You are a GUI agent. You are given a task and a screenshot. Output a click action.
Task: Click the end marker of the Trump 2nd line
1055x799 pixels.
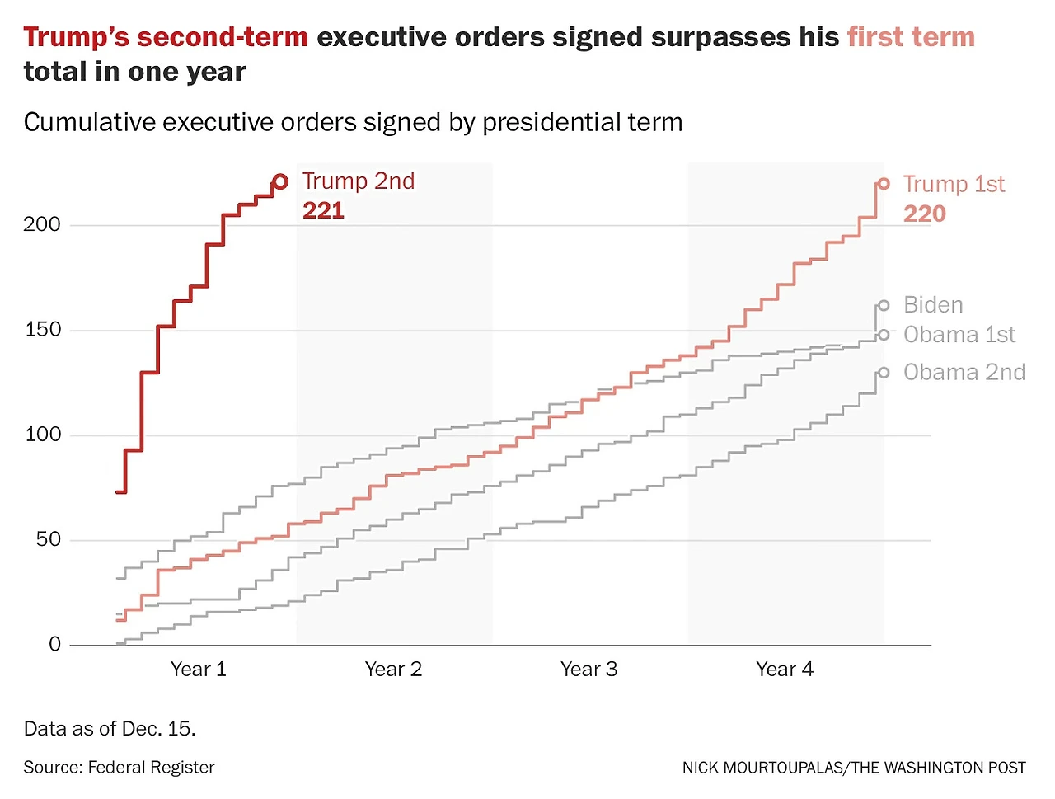280,181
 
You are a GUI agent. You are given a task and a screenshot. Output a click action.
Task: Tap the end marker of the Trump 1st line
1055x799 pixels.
884,184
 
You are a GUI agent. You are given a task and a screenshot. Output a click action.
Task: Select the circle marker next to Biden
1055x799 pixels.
884,306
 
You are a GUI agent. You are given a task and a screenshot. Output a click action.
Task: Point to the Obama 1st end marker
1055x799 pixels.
884,335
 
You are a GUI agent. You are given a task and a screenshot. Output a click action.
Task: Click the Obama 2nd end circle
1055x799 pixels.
884,373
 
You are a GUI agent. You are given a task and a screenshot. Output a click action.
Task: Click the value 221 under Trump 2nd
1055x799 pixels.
323,211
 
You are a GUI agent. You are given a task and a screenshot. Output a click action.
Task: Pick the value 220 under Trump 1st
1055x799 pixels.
924,214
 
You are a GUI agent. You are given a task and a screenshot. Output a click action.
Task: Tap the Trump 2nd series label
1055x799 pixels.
359,181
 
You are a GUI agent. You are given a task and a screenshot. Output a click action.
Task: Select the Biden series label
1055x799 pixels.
933,305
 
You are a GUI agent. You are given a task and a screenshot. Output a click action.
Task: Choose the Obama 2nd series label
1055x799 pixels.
964,373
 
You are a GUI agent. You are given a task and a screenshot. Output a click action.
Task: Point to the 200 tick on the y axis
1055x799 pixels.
42,224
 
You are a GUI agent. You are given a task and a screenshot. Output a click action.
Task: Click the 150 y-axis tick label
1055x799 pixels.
42,330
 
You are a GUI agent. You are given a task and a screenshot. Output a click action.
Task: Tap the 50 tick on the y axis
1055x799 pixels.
49,539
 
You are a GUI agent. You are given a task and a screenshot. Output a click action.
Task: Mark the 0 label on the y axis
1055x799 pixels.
55,644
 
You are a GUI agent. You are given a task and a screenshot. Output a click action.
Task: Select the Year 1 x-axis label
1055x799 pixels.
198,670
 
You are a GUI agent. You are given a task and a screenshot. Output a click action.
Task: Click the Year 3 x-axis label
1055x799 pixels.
588,670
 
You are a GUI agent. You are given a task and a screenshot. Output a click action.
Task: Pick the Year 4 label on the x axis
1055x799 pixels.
784,670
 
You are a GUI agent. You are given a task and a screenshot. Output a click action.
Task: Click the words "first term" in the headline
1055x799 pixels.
911,37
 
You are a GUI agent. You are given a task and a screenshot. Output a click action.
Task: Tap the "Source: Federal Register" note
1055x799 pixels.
119,768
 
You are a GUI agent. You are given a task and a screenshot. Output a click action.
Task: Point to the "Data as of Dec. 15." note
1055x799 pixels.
110,729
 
